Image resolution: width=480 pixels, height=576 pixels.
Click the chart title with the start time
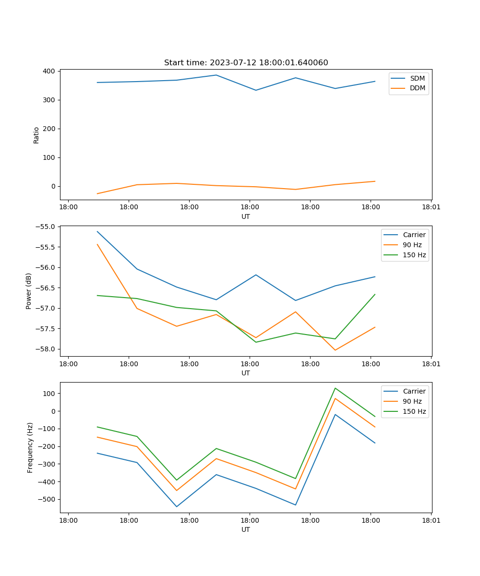point(246,63)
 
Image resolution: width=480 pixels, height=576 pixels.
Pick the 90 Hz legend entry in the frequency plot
point(412,401)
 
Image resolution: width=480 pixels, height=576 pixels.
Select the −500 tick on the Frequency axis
point(47,499)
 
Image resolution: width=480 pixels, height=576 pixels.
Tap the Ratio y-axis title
point(36,135)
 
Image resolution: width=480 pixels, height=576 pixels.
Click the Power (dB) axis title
point(29,291)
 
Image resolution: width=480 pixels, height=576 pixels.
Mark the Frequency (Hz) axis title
point(30,447)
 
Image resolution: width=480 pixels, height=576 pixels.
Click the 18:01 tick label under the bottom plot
point(431,520)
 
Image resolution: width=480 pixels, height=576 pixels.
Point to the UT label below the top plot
point(246,216)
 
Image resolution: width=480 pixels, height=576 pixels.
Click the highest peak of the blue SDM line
point(216,75)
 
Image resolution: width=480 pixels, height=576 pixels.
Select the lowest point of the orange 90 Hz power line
point(335,350)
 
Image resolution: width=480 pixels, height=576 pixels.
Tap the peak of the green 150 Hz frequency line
point(335,388)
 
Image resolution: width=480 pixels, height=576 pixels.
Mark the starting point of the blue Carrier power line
point(97,231)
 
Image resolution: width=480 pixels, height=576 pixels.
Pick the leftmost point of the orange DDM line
point(97,193)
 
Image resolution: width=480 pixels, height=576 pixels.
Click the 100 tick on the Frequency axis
point(50,394)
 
